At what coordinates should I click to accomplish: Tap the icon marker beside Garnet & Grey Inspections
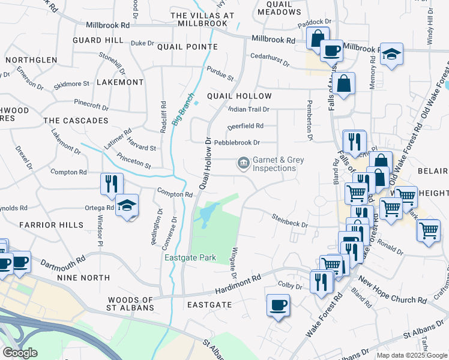[x=243, y=163]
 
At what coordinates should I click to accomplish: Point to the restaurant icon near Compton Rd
[x=112, y=183]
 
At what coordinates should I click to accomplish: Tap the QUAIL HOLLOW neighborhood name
[x=239, y=96]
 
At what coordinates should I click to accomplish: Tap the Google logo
[x=19, y=353]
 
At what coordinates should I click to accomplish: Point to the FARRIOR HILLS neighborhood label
[x=51, y=225]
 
